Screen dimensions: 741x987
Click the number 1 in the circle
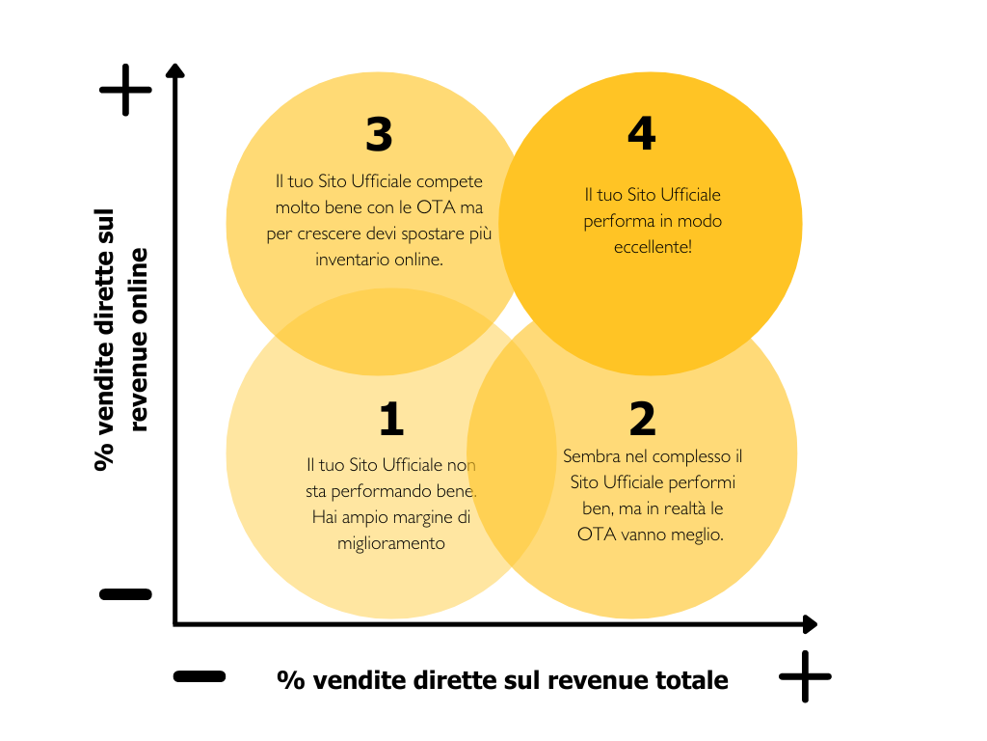(390, 419)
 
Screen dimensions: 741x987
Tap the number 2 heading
(642, 419)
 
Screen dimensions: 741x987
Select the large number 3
(379, 135)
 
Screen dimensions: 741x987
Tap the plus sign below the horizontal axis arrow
(805, 675)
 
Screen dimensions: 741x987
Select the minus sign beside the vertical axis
(126, 594)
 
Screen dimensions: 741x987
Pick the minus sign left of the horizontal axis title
(200, 676)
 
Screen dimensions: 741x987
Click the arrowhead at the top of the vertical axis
(174, 70)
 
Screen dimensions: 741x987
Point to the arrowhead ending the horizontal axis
(811, 624)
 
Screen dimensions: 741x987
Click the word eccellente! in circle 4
(652, 247)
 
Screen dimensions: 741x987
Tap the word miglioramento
(391, 543)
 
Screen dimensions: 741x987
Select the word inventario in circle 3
(351, 260)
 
